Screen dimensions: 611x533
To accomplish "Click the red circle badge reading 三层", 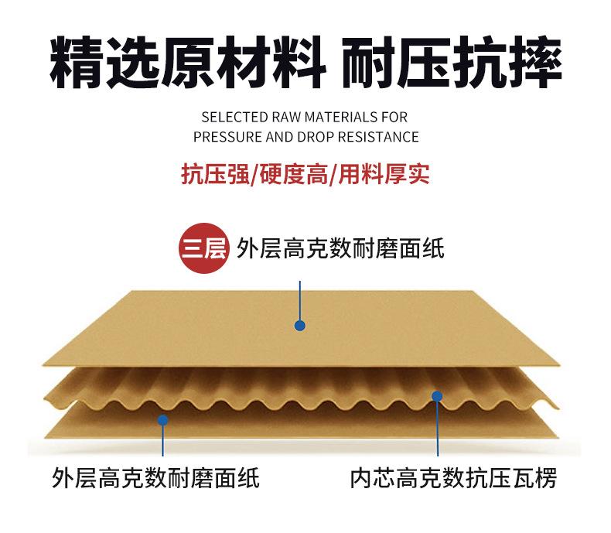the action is click(203, 250).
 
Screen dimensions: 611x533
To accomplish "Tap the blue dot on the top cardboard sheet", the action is click(300, 326).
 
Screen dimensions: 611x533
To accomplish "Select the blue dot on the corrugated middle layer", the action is click(437, 396).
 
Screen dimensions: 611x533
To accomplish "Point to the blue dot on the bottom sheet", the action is click(162, 420).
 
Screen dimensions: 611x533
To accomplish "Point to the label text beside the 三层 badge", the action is click(340, 250).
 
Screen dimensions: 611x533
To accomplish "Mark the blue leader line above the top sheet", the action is click(300, 298).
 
